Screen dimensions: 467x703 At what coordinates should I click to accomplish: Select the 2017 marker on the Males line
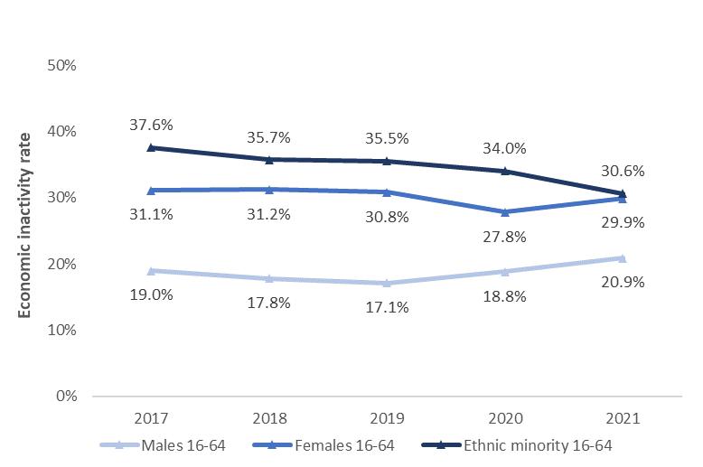(151, 270)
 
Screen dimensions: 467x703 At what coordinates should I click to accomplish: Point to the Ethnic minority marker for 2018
(269, 159)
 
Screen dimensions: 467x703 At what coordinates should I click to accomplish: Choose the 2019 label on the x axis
(388, 419)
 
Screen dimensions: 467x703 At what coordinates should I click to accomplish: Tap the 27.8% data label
(506, 238)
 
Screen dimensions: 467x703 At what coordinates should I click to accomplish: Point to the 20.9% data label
(623, 282)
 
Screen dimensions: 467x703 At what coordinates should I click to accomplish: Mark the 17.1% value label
(388, 307)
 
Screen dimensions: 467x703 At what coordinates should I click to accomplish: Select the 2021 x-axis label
(623, 419)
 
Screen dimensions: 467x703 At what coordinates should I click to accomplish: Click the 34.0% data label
(506, 148)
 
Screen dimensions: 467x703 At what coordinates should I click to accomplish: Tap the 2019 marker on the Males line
(388, 283)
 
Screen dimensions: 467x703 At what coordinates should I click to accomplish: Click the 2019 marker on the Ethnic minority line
(388, 161)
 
